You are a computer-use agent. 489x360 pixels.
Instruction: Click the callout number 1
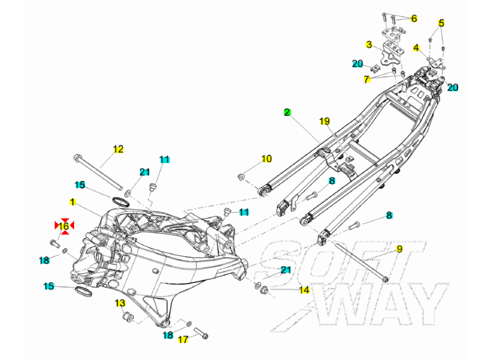tap(73, 202)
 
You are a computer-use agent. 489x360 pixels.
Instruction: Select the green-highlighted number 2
tap(287, 112)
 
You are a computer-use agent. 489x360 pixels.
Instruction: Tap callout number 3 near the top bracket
tap(369, 45)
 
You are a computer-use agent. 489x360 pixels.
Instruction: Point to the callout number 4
tap(416, 48)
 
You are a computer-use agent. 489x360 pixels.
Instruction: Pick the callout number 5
tap(441, 23)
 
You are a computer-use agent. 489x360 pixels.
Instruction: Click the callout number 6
tap(414, 19)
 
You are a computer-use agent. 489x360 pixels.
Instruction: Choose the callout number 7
tap(366, 79)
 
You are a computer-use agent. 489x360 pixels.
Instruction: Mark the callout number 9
tap(399, 249)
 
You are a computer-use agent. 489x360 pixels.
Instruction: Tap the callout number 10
tap(266, 158)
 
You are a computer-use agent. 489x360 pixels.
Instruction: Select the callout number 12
tap(118, 149)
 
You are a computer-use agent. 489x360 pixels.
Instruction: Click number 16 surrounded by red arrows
tap(64, 225)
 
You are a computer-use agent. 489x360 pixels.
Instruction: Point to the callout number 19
tap(325, 121)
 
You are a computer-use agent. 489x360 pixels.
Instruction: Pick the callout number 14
tap(304, 290)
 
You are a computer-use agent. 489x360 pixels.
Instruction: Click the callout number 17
tap(183, 339)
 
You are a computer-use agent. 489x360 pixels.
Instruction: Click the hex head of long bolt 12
tap(78, 158)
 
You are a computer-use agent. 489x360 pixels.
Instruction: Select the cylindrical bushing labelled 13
tap(128, 318)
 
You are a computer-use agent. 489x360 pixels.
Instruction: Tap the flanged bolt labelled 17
tap(201, 333)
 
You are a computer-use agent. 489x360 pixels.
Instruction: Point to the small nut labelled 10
tap(241, 177)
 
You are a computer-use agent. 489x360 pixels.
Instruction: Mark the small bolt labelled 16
tap(55, 243)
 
